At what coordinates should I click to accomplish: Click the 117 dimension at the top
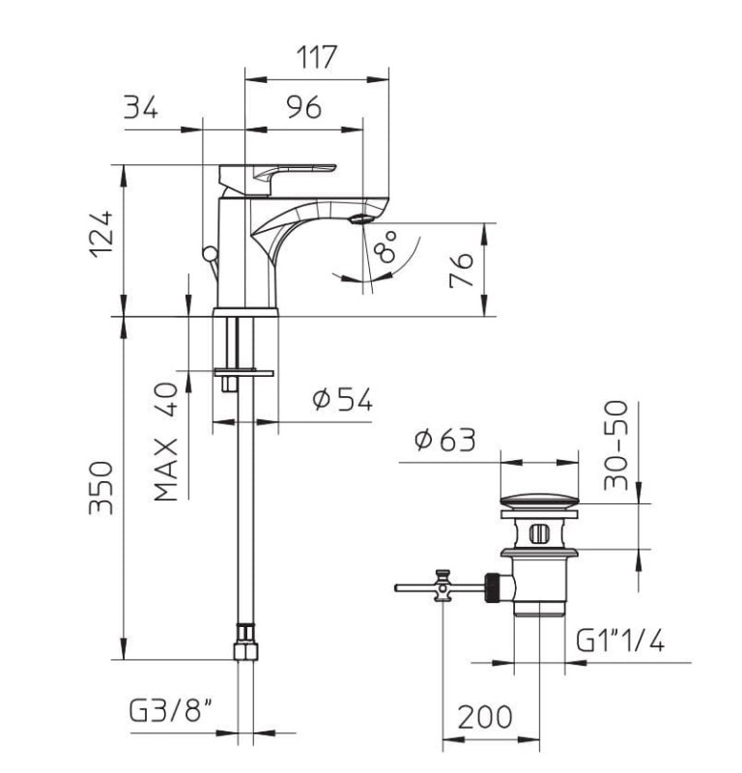pos(317,57)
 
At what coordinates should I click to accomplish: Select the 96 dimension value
pos(304,107)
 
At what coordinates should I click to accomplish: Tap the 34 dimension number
pos(141,107)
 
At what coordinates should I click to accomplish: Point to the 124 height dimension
pos(101,235)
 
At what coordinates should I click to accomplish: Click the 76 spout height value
pos(462,271)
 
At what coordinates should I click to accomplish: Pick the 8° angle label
pos(385,246)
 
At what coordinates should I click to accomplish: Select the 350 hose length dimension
pos(101,488)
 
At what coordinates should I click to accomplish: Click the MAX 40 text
pos(165,442)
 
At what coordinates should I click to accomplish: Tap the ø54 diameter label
pos(343,399)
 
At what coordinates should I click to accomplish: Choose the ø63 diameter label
pos(445,440)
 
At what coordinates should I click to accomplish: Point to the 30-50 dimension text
pos(616,445)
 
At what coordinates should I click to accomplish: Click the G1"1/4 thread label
pos(620,642)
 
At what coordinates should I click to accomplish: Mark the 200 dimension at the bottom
pos(485,717)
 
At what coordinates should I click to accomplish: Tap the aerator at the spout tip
pos(363,219)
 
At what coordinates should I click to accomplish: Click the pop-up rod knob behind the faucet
pos(209,254)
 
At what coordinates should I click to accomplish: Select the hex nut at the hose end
pos(245,643)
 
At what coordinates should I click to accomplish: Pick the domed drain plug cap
pos(540,501)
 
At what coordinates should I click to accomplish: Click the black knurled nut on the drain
pos(493,587)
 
